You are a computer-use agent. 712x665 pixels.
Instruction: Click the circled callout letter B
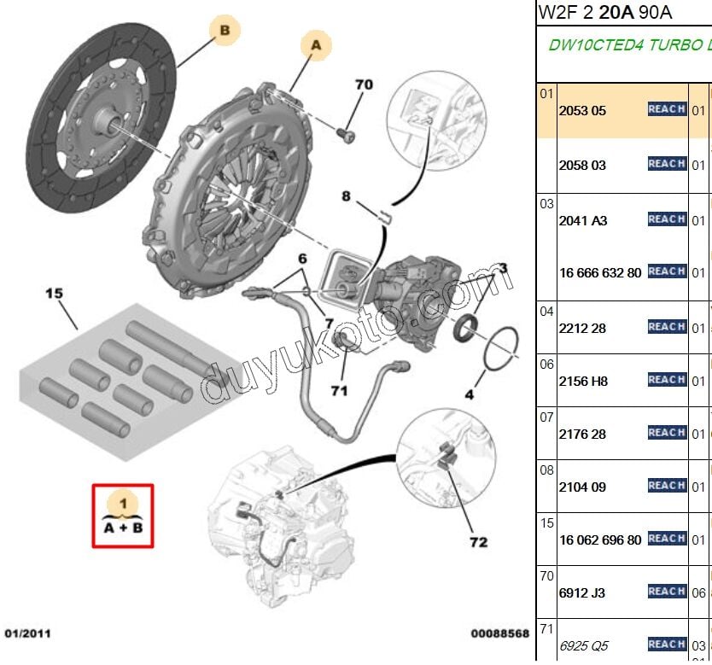tap(225, 32)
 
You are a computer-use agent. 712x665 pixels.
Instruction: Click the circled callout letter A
tap(316, 47)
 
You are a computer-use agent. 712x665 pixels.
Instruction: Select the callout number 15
tap(55, 293)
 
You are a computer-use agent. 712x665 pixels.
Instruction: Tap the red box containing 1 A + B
tap(123, 516)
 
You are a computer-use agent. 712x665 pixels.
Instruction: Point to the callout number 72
tap(478, 541)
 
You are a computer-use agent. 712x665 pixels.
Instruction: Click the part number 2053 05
tap(582, 110)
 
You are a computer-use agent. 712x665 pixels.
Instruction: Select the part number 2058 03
tap(582, 165)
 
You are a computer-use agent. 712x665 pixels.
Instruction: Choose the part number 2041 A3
tap(582, 220)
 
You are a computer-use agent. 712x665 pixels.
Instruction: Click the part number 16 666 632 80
tap(600, 272)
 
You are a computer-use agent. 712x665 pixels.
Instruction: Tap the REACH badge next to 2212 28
tap(667, 327)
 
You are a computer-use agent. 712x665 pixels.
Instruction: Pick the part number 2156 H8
tap(583, 381)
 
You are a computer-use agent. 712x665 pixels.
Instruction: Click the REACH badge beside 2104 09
tap(667, 486)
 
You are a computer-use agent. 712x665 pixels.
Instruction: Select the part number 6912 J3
tap(582, 592)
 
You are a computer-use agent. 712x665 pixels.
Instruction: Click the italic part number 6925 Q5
tap(584, 645)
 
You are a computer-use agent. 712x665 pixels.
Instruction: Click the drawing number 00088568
tap(499, 633)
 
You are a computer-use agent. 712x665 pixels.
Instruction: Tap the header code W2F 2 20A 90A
tap(604, 12)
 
